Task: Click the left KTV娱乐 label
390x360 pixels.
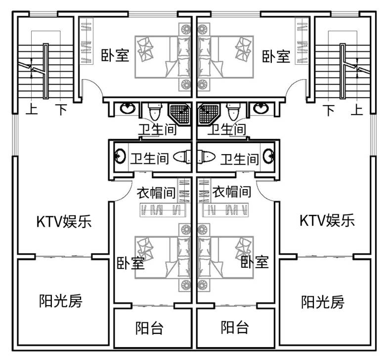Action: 64,221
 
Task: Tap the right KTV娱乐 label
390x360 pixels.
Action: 327,220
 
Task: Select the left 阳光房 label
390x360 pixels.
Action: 60,300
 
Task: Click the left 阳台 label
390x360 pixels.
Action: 149,327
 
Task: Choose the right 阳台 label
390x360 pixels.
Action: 234,327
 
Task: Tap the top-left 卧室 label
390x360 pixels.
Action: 115,55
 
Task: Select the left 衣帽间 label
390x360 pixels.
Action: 157,192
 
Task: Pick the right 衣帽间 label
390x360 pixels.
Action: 231,192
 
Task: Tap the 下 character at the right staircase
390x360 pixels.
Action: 330,109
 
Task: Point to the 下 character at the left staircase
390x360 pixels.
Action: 60,109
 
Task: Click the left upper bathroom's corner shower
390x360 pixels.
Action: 180,114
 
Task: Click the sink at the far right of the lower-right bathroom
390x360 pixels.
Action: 269,157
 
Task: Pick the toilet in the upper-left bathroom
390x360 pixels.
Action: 154,112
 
